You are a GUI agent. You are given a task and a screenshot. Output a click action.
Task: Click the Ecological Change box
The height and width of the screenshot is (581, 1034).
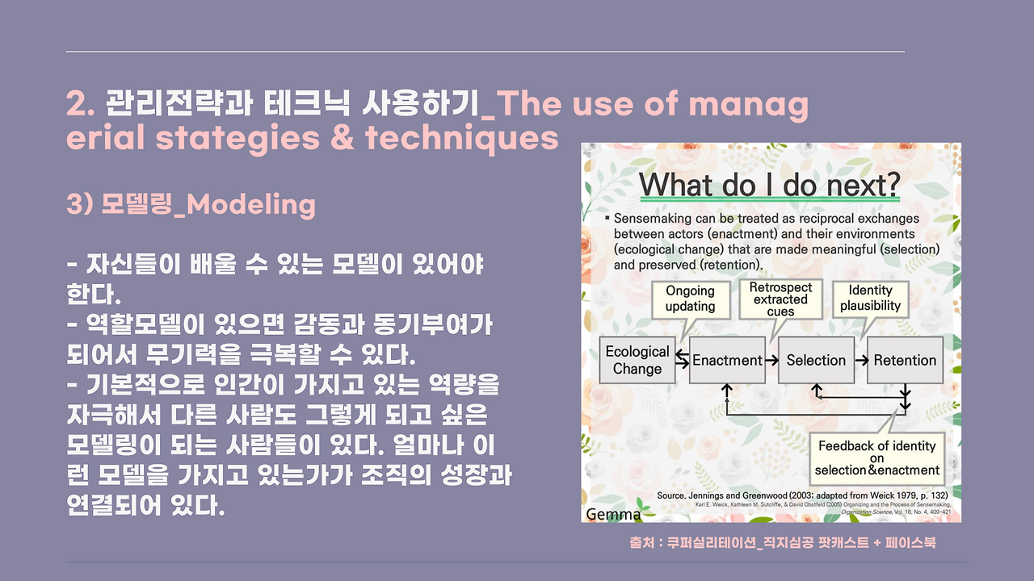coord(637,360)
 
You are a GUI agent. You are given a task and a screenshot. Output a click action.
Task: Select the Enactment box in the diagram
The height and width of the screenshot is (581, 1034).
coord(727,360)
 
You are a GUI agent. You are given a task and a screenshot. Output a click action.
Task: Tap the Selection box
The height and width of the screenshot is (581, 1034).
coord(816,360)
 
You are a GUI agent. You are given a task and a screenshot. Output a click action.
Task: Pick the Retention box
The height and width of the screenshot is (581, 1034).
coord(905,360)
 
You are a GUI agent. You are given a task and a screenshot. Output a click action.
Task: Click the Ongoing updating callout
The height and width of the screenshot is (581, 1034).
coord(691,299)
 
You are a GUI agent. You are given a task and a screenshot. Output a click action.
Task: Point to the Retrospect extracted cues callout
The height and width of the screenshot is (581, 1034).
coord(780,299)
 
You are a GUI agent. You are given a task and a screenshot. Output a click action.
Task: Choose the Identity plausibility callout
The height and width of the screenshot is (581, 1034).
coord(870,299)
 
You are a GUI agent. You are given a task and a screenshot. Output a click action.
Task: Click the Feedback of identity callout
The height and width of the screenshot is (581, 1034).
coord(877,458)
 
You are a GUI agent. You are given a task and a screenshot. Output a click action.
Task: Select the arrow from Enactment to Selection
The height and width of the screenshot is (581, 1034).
coord(771,360)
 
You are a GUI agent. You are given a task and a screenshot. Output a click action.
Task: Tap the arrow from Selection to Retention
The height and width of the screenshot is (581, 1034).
coord(861,360)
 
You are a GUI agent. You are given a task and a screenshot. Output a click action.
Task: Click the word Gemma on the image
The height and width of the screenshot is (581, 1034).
coord(613,514)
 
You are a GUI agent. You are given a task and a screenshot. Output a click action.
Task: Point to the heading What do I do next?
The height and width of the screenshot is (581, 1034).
coord(770,185)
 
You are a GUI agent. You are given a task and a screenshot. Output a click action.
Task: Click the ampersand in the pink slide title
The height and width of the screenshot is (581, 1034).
coord(342,137)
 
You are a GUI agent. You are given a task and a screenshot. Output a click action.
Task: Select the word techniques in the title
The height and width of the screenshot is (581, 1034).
coord(461,138)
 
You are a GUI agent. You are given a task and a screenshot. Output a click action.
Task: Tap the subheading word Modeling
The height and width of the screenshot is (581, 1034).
coord(251,205)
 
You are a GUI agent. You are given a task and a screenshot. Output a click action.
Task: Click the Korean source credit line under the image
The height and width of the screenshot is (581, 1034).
coord(783,543)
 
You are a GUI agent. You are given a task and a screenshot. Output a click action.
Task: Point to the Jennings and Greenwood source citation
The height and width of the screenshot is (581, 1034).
coord(802,495)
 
